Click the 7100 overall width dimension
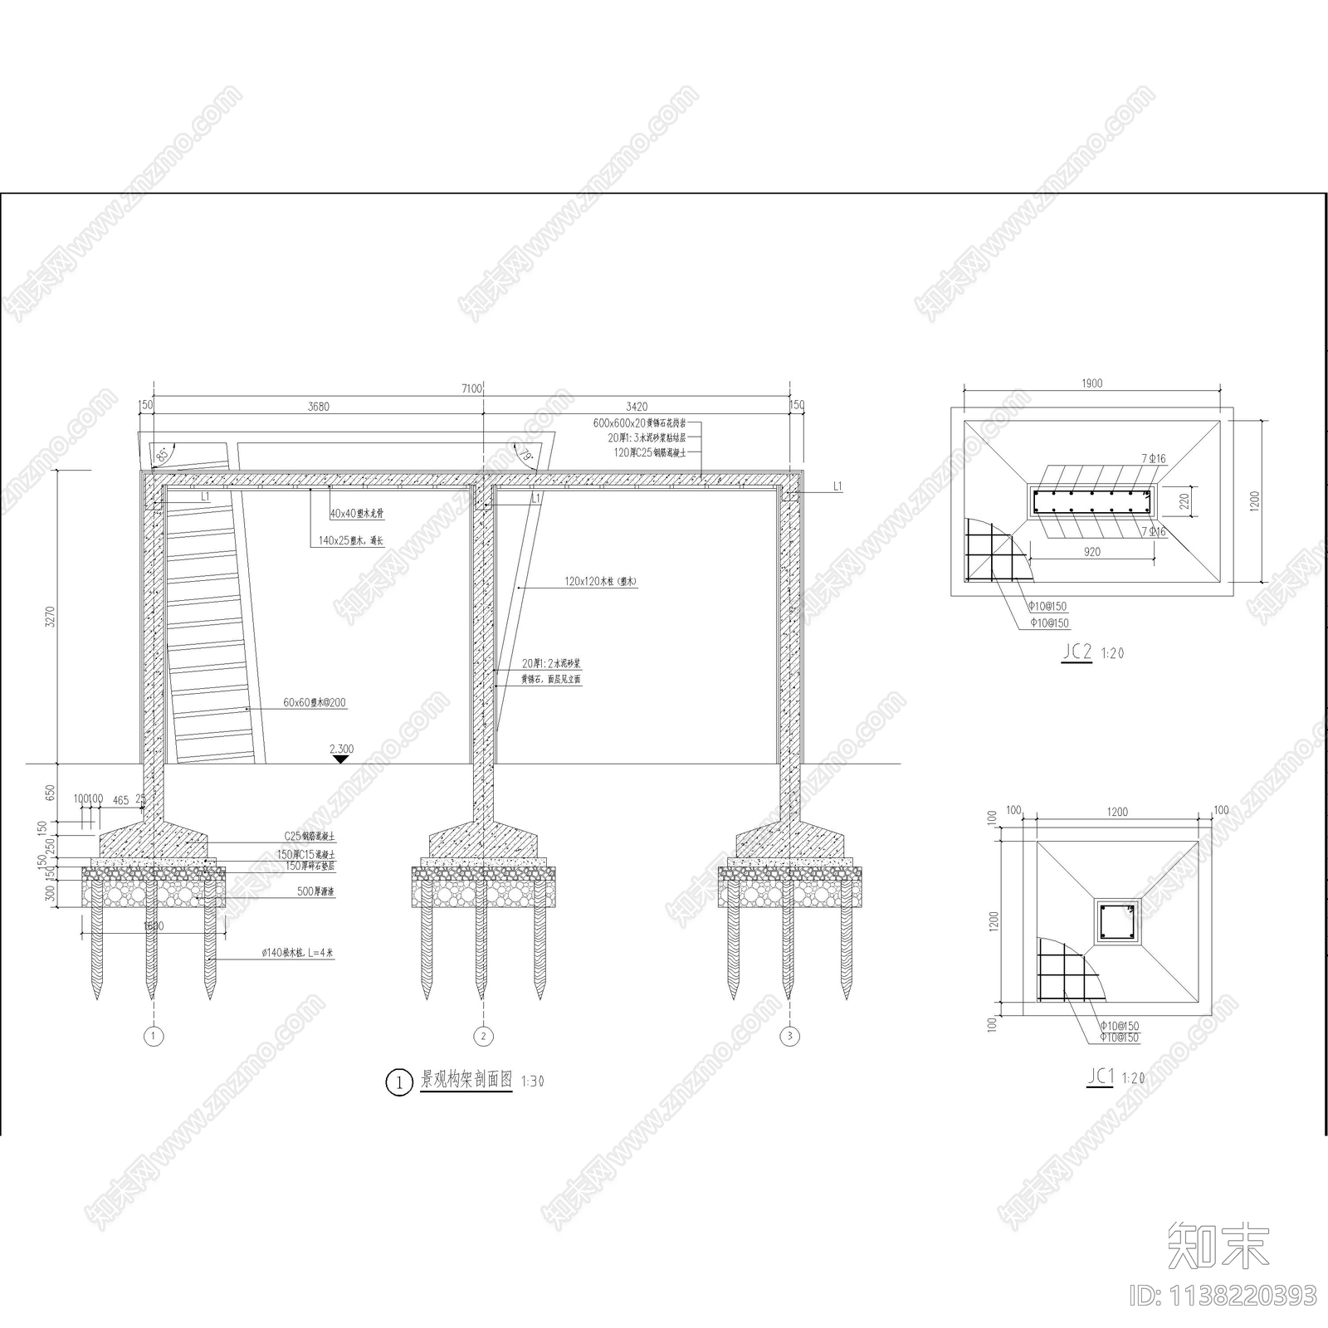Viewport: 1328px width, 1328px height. [471, 388]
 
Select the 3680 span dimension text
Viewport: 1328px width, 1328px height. [318, 407]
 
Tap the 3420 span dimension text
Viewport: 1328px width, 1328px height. [637, 407]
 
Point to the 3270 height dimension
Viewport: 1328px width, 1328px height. [50, 616]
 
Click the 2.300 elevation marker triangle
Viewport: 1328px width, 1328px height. [340, 759]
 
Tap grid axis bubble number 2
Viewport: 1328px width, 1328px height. [483, 1036]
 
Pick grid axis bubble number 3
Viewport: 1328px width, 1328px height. [789, 1036]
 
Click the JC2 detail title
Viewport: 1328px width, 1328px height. [1077, 652]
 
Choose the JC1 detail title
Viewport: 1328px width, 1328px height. [1100, 1077]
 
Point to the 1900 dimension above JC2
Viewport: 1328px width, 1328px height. [1092, 383]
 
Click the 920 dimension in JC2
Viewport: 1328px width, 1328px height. [1092, 552]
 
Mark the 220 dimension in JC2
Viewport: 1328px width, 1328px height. [1184, 501]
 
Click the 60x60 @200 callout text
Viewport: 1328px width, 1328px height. [315, 703]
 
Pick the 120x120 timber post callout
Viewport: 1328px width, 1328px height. [600, 582]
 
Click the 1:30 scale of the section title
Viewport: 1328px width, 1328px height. [532, 1081]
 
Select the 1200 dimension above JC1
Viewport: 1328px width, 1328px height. [1117, 812]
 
